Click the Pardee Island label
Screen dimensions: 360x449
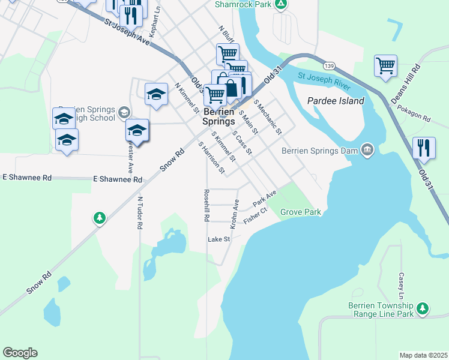coord(336,101)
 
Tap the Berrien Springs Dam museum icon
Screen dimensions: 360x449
coord(367,149)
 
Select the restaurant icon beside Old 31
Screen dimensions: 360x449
coord(424,148)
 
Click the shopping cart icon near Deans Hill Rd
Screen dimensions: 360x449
coord(385,65)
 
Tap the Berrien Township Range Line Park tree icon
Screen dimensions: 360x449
coord(423,308)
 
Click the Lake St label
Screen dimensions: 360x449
coord(218,239)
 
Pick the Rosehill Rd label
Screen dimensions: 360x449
coord(206,206)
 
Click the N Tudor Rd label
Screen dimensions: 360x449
coord(140,213)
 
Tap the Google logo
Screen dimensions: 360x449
coord(20,353)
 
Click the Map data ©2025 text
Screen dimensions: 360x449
coord(423,355)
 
